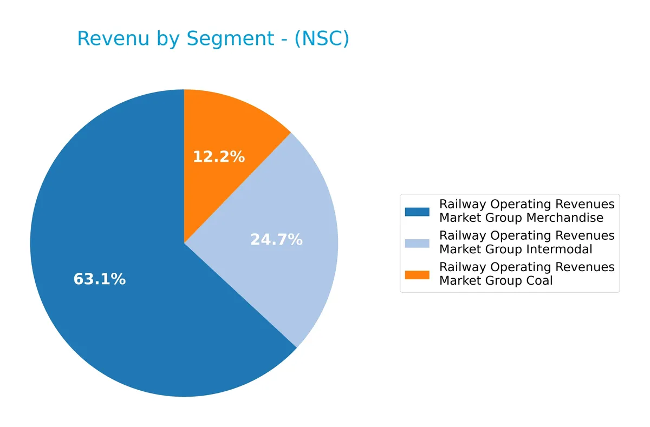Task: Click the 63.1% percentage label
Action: click(100, 279)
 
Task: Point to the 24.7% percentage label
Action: click(276, 239)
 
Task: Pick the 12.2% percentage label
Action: click(219, 157)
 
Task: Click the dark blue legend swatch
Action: click(417, 212)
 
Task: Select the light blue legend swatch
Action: click(417, 243)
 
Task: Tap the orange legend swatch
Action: click(417, 274)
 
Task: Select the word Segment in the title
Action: click(231, 39)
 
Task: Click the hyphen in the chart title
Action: click(285, 39)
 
